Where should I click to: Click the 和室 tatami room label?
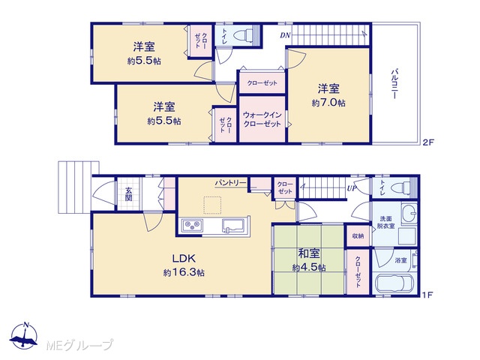pyautogui.click(x=309, y=253)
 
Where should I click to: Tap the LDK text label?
pyautogui.click(x=184, y=259)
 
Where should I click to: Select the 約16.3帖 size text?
pyautogui.click(x=184, y=272)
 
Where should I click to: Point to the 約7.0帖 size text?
pyautogui.click(x=328, y=103)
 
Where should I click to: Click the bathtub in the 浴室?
pyautogui.click(x=394, y=285)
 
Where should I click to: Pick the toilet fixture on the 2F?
pyautogui.click(x=243, y=35)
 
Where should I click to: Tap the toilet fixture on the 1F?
pyautogui.click(x=402, y=187)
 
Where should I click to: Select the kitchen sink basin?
pyautogui.click(x=234, y=226)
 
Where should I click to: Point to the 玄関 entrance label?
pyautogui.click(x=128, y=194)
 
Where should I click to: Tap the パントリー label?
pyautogui.click(x=230, y=183)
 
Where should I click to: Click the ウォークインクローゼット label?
pyautogui.click(x=262, y=119)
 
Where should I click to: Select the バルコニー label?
pyautogui.click(x=394, y=84)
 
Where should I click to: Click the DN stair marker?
pyautogui.click(x=285, y=35)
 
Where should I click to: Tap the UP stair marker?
pyautogui.click(x=352, y=188)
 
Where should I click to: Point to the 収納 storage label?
pyautogui.click(x=358, y=236)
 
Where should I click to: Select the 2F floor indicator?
pyautogui.click(x=428, y=142)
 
